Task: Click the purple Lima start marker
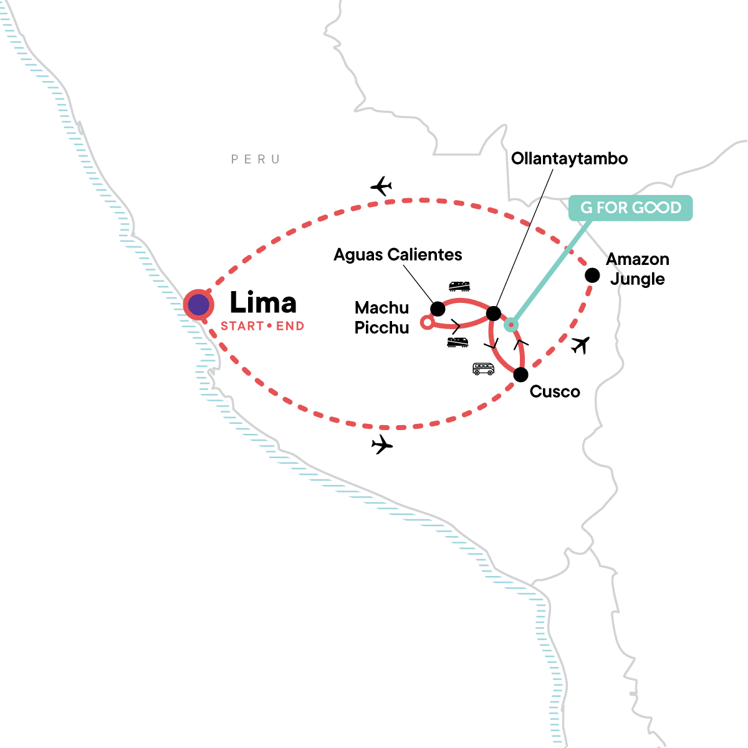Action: [x=199, y=305]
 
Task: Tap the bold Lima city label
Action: [x=263, y=303]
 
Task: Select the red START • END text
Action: [x=262, y=326]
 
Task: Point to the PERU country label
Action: [x=256, y=160]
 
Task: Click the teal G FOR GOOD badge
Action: [x=630, y=208]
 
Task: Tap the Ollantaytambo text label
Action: [x=569, y=158]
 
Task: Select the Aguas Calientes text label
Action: [x=398, y=254]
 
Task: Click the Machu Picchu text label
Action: [x=381, y=317]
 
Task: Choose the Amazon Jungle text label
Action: [x=638, y=269]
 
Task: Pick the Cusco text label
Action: [x=555, y=391]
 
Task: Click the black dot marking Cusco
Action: [x=520, y=375]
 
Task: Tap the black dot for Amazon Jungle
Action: [x=592, y=275]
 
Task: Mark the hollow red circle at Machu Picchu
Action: [x=427, y=322]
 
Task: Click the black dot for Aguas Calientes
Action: [x=438, y=309]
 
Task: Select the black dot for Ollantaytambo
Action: [x=493, y=313]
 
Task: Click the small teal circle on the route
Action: [x=511, y=324]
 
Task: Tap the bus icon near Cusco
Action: [x=483, y=369]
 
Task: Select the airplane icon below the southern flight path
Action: [x=382, y=444]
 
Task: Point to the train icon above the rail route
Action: [x=459, y=286]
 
